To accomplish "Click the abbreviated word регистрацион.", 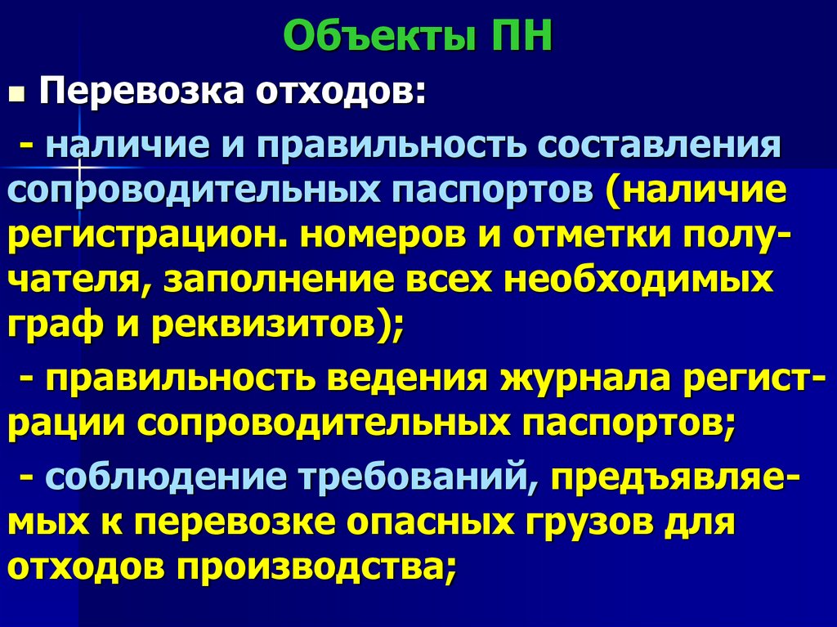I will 147,237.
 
